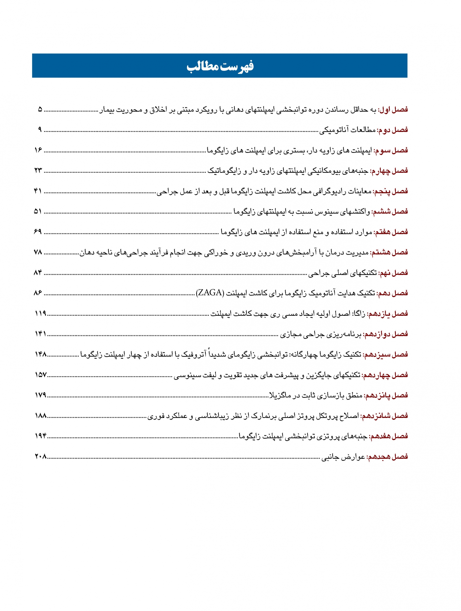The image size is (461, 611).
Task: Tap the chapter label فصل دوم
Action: point(393,130)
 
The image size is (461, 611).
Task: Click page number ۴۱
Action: point(38,191)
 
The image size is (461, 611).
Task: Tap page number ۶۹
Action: point(38,232)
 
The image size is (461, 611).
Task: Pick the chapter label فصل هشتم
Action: point(389,252)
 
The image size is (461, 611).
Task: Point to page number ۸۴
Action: point(38,273)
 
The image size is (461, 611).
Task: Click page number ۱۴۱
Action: point(40,334)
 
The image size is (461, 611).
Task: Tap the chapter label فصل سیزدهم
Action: point(385,354)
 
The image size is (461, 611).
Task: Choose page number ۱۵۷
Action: point(41,375)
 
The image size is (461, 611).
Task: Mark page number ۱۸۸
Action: point(41,416)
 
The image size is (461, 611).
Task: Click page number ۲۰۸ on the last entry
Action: point(41,457)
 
